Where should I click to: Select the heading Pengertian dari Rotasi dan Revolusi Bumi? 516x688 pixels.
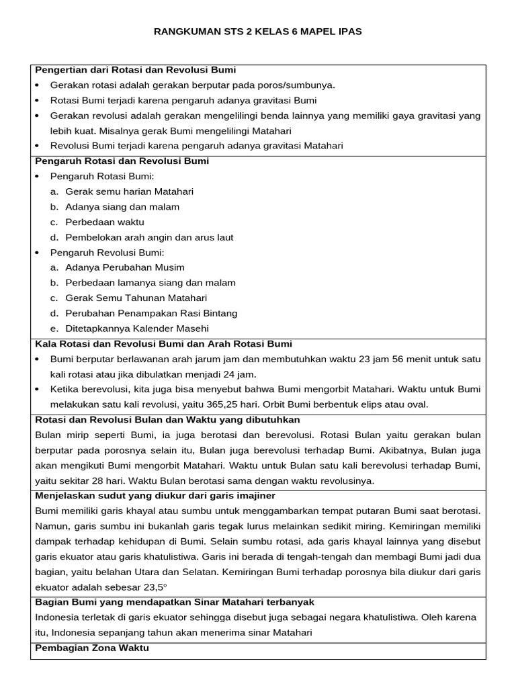[135, 70]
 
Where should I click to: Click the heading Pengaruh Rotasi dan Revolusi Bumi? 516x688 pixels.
[122, 161]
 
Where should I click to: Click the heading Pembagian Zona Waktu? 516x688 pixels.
[91, 648]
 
